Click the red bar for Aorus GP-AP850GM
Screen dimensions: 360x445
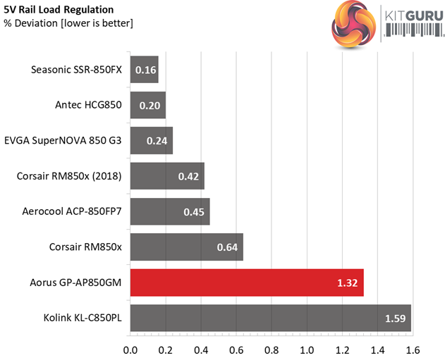pos(247,283)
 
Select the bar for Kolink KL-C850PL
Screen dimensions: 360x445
pos(271,318)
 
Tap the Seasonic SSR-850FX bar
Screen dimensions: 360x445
pos(144,70)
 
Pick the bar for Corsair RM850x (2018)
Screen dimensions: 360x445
pos(167,176)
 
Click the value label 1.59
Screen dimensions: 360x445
pos(396,318)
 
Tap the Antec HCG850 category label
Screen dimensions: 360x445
pos(88,106)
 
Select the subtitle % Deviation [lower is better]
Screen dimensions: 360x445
pos(68,23)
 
